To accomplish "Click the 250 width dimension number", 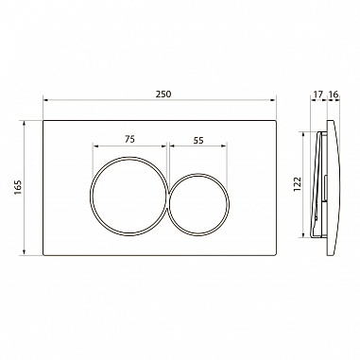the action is click(163, 94).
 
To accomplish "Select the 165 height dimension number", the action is click(18, 187).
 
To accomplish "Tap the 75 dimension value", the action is click(129, 139).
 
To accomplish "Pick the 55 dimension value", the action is click(198, 140).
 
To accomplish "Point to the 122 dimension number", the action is click(297, 184).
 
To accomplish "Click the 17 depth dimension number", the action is click(318, 94).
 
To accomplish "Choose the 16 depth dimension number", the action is click(333, 94).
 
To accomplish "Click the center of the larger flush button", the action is click(129, 196).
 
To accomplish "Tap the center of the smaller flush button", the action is click(199, 204).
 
